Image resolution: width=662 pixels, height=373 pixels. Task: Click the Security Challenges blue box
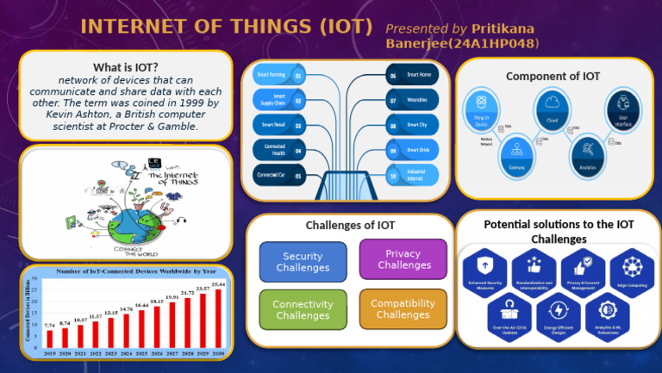303,262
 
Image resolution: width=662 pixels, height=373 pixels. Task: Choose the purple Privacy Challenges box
403,260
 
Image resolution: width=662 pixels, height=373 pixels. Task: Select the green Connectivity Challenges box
303,310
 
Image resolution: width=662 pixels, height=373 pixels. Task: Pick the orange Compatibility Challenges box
403,309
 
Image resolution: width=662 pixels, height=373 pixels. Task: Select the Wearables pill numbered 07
413,100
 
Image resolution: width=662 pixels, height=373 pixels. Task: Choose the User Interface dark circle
621,110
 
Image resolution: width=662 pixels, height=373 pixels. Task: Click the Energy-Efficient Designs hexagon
559,313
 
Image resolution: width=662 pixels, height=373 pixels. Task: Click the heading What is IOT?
126,68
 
